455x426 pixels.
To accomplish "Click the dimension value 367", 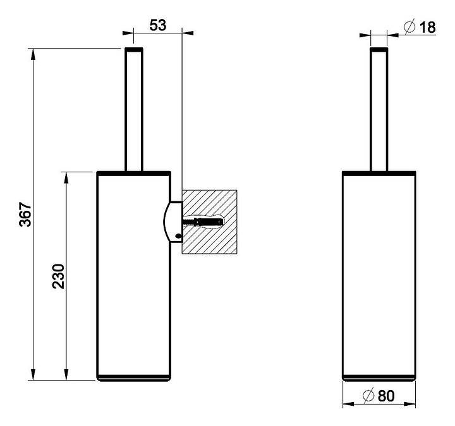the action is coord(25,215).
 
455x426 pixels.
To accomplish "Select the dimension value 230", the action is coord(58,276).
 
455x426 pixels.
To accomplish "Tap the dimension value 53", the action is coord(158,25).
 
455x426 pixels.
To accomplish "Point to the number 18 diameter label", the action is coord(428,28).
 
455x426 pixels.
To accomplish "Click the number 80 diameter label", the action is coord(386,396).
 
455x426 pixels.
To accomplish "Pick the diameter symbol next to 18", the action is coord(409,27).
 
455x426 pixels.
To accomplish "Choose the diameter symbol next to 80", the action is coord(368,396).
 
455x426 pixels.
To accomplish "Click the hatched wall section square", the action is coord(210,222).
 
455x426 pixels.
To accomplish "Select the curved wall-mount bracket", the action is coord(173,222).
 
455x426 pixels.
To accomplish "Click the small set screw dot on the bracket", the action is coord(178,235).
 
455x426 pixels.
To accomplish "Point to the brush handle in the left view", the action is coord(134,110).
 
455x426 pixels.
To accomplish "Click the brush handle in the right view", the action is coord(379,110).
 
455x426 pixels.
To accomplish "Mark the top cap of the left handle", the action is coord(134,50).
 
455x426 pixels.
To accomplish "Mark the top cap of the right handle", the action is coord(379,50).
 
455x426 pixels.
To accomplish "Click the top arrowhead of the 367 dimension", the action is coord(33,54).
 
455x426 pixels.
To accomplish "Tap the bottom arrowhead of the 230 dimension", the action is coord(66,374).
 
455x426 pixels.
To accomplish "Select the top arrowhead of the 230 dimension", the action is coord(66,177).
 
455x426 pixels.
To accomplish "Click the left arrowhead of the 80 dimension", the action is coord(348,404).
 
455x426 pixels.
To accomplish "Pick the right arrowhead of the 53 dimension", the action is coord(188,33).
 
